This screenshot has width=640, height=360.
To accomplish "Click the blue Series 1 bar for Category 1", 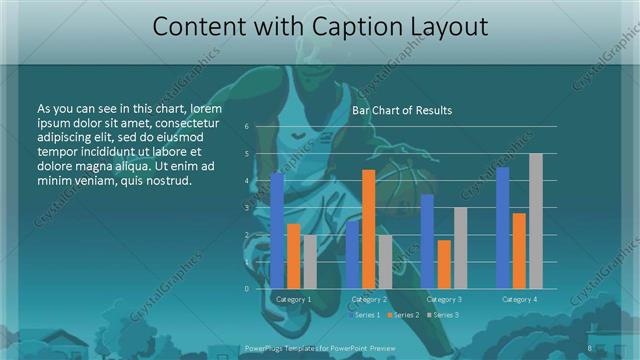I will tap(277, 231).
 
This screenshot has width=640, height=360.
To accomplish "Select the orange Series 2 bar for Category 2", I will tap(368, 229).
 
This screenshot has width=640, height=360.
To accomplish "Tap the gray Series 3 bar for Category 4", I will tap(535, 221).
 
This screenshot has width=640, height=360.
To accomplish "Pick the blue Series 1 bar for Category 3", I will tap(427, 242).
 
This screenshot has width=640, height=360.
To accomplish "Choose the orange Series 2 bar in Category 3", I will tap(443, 264).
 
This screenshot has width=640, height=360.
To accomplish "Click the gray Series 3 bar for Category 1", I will tap(309, 262).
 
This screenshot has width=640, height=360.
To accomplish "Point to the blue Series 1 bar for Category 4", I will tap(502, 228).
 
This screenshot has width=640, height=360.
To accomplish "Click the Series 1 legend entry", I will tap(365, 315).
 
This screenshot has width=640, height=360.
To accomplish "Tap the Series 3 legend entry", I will tap(444, 315).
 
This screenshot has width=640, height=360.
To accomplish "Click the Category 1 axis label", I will tap(293, 299).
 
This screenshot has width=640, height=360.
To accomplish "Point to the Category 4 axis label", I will tap(519, 299).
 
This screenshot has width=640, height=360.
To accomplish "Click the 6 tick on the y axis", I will tap(246, 127).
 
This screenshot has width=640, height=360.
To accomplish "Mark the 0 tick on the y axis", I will tap(246, 289).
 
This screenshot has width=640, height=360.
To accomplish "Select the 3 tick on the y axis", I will tap(246, 208).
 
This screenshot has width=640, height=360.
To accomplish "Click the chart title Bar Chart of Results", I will tap(402, 110).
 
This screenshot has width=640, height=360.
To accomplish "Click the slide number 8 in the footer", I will tap(590, 348).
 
